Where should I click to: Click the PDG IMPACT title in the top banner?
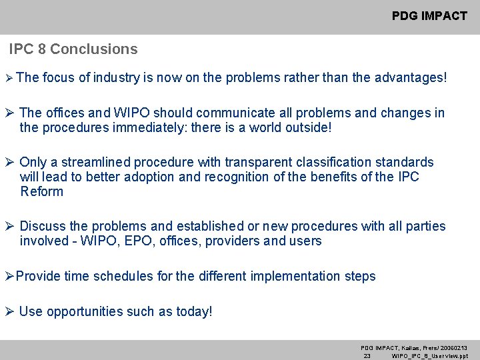tap(429, 16)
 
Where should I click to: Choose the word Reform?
tap(42, 192)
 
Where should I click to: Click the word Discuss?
tap(43, 227)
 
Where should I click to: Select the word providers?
tap(232, 241)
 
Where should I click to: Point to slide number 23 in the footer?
tap(367, 356)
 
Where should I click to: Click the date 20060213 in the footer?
tap(453, 348)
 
